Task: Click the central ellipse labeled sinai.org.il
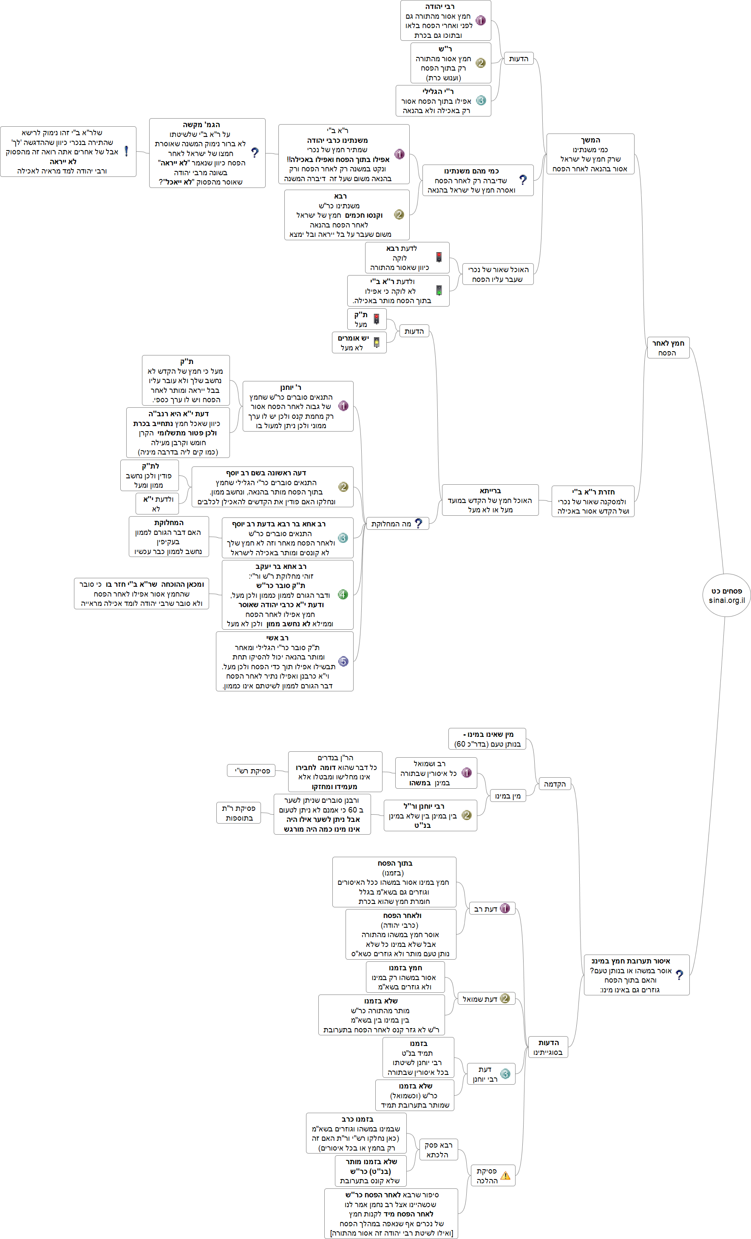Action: pos(726,595)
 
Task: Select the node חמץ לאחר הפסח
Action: pos(668,347)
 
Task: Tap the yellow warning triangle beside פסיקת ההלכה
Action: pos(505,1175)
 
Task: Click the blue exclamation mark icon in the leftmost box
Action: pos(126,151)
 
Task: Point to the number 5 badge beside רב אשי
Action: pos(343,661)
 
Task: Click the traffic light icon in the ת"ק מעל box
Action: pos(376,319)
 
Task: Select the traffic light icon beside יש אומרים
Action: pos(376,342)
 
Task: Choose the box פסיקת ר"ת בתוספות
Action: pos(239,813)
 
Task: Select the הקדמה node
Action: pos(555,784)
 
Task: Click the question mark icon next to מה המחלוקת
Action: pos(418,523)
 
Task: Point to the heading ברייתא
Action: pos(490,490)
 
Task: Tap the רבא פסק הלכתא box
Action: pos(438,1149)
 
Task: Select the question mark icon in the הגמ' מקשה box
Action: pos(255,152)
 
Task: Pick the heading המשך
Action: pos(590,140)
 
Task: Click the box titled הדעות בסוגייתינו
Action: pos(548,1047)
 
